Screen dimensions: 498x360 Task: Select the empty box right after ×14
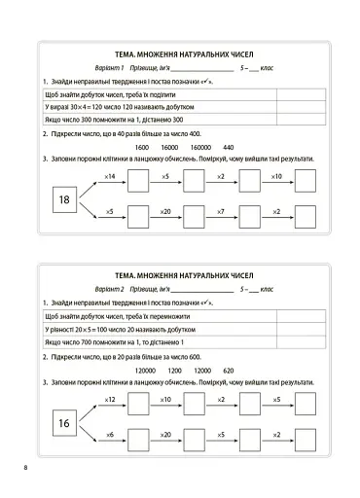138,182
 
